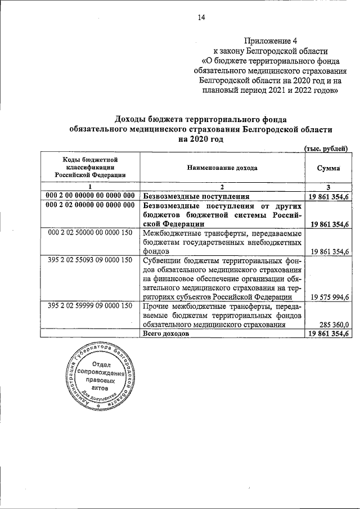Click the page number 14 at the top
(x=201, y=17)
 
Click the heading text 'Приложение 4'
(x=271, y=40)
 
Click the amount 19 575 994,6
(x=328, y=297)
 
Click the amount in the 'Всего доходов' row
(x=328, y=334)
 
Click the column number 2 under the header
(x=222, y=187)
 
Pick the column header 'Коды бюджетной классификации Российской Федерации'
(x=91, y=168)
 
